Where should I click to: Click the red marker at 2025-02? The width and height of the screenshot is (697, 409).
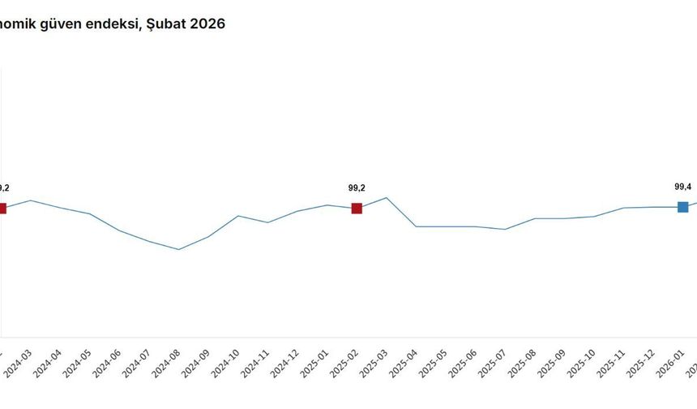click(357, 209)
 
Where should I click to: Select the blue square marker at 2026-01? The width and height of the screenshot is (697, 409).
click(682, 207)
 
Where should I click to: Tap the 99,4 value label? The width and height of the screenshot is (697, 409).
click(682, 187)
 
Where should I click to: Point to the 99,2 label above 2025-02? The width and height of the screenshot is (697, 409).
click(357, 188)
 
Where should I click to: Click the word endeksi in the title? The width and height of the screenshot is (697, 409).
click(108, 24)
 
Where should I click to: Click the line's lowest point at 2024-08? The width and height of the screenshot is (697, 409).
click(179, 249)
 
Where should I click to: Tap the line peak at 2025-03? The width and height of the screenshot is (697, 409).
click(387, 197)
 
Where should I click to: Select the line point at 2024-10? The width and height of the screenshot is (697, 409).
click(238, 216)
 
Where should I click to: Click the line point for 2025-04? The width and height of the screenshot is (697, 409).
click(416, 226)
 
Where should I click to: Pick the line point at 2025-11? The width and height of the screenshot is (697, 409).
click(623, 208)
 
